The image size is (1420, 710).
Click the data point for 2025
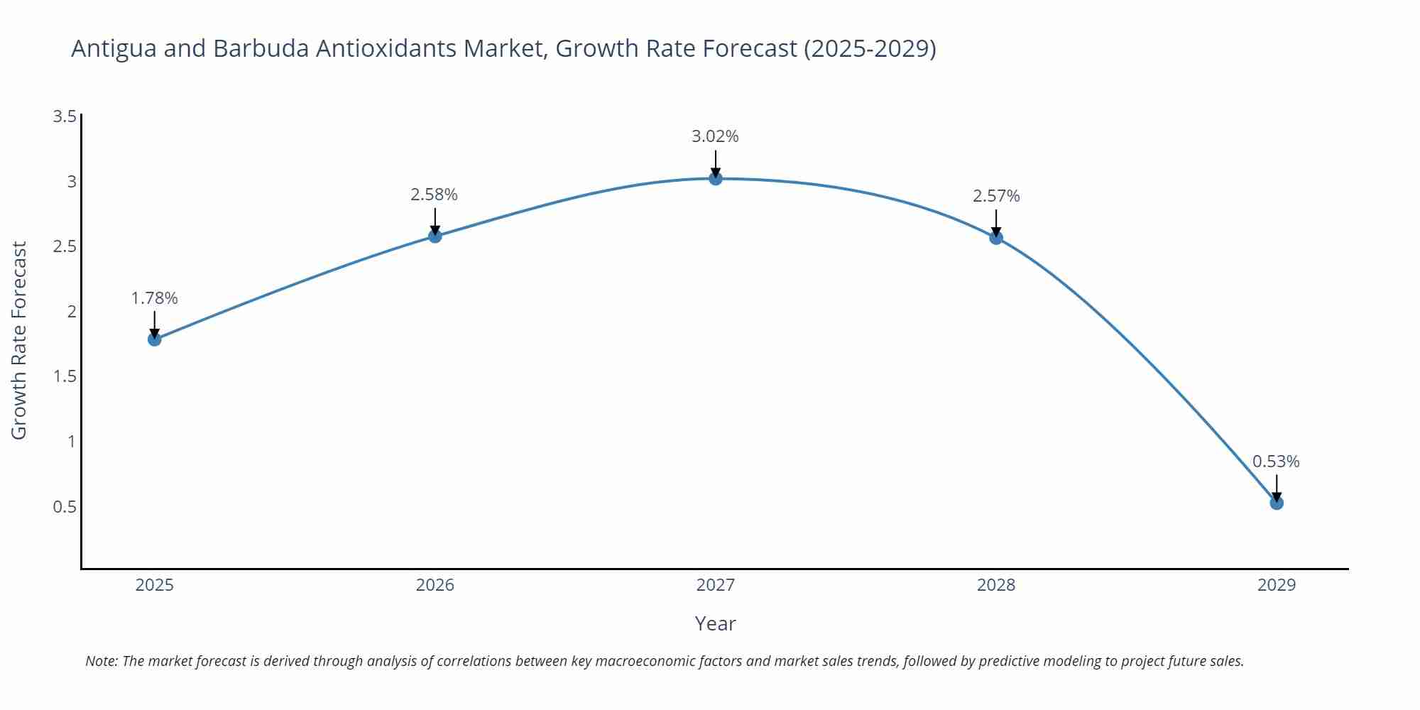pyautogui.click(x=154, y=339)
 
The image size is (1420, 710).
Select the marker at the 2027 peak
pyautogui.click(x=716, y=178)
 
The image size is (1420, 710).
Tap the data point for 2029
pyautogui.click(x=1277, y=503)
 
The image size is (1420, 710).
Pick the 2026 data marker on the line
pyautogui.click(x=435, y=236)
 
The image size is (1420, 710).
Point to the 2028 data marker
pyautogui.click(x=996, y=237)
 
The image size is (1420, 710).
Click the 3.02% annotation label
pyautogui.click(x=715, y=136)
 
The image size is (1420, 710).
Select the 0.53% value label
pyautogui.click(x=1276, y=461)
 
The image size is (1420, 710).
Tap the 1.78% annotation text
pyautogui.click(x=154, y=298)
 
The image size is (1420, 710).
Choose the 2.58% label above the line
pyautogui.click(x=434, y=195)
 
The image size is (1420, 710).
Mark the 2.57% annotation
pyautogui.click(x=996, y=196)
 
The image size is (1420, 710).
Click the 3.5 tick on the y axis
pyautogui.click(x=65, y=116)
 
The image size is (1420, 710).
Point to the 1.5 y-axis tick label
pyautogui.click(x=65, y=376)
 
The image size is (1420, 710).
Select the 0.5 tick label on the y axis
pyautogui.click(x=65, y=507)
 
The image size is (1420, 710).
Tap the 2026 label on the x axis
pyautogui.click(x=435, y=585)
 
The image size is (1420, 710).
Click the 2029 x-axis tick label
pyautogui.click(x=1276, y=585)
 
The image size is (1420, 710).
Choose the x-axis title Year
pyautogui.click(x=715, y=623)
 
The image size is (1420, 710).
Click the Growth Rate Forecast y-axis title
pyautogui.click(x=19, y=340)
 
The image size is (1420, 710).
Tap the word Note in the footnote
pyautogui.click(x=101, y=661)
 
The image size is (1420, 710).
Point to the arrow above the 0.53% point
pyautogui.click(x=1277, y=486)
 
